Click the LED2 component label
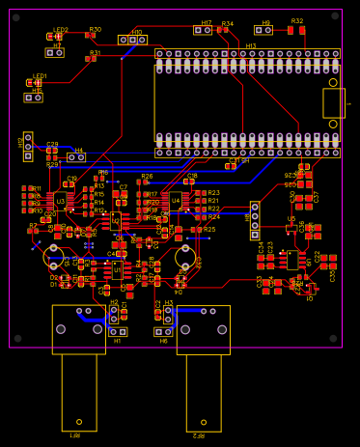tap(61, 30)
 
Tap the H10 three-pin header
tap(132, 40)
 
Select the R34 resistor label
tap(227, 23)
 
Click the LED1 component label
tap(40, 75)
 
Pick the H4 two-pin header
tap(75, 157)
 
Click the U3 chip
tap(60, 201)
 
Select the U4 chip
tap(176, 201)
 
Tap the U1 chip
tap(117, 269)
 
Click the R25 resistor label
tap(209, 230)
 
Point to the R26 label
tap(147, 177)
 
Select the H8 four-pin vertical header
tap(255, 220)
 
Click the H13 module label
tap(251, 45)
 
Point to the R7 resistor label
tap(33, 225)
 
